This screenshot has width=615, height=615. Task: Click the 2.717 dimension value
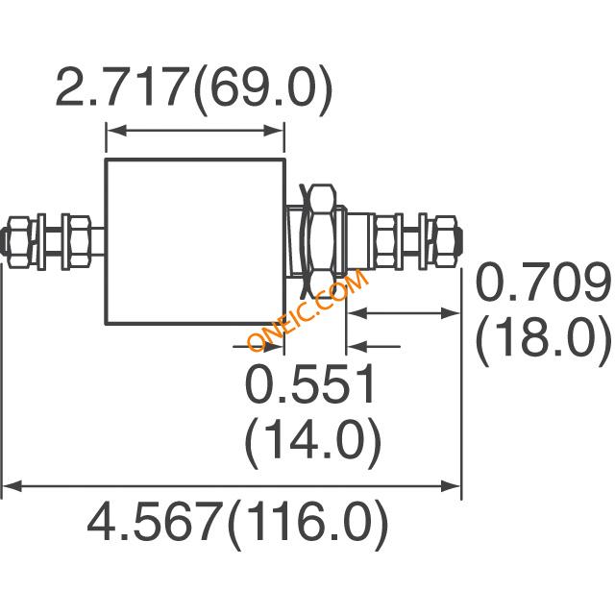click(x=121, y=87)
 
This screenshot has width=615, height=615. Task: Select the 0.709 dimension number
click(x=543, y=282)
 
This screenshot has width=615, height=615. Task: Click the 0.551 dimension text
click(x=309, y=384)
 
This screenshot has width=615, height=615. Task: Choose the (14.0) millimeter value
click(x=313, y=442)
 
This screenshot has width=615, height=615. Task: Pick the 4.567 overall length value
click(x=153, y=522)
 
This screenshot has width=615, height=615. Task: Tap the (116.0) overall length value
click(x=307, y=524)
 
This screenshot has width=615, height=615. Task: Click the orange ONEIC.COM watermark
click(x=307, y=309)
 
